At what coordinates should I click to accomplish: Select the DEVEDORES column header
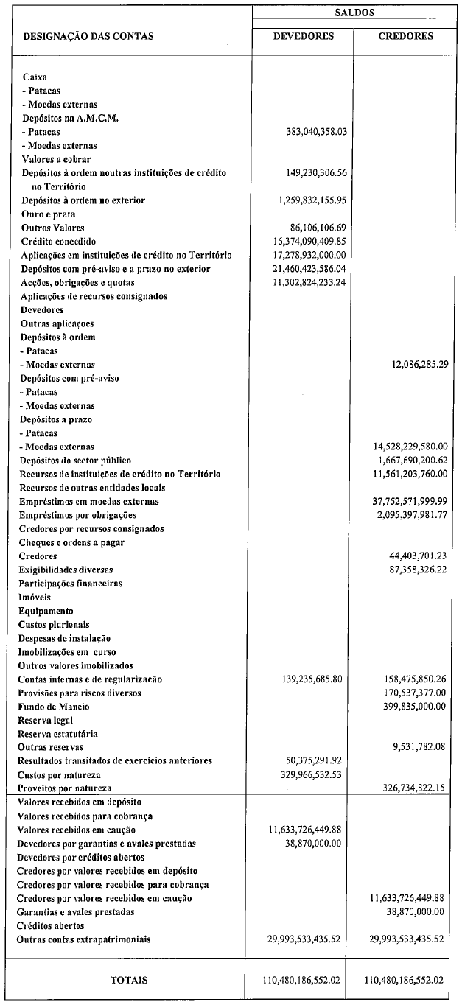click(303, 36)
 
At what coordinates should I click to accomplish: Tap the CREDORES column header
click(405, 36)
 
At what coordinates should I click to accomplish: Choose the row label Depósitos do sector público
click(74, 461)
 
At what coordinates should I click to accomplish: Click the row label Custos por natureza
click(60, 775)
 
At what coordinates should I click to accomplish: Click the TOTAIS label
click(128, 980)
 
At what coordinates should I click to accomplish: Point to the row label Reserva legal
click(46, 720)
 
